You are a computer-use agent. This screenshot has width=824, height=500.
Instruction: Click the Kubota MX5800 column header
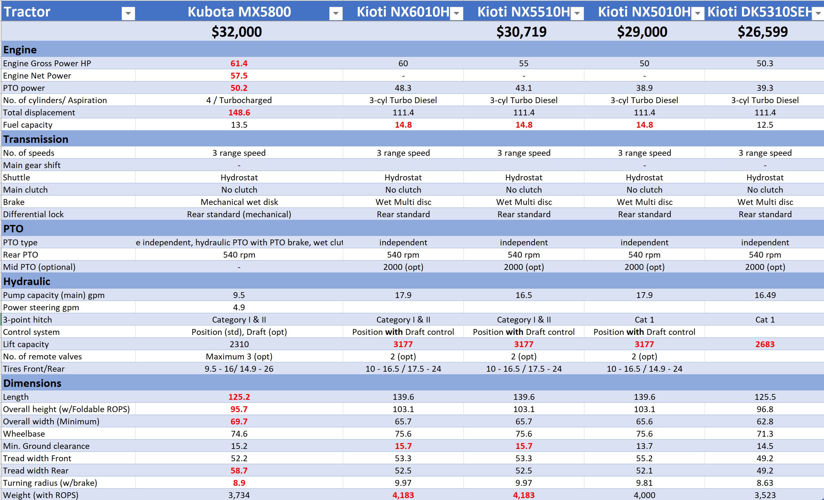coord(239,12)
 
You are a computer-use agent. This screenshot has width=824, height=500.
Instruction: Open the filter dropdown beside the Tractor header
coord(128,14)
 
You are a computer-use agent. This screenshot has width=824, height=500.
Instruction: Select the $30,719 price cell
coord(521,32)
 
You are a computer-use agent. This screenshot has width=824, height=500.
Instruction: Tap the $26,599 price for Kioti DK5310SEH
coord(763,32)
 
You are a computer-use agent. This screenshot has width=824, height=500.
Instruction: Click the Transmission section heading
coord(36,139)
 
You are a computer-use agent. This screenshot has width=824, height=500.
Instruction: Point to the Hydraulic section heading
coord(27,282)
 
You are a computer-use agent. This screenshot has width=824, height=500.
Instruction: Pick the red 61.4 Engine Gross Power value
coord(239,63)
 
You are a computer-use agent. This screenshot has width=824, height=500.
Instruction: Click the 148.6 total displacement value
coord(239,112)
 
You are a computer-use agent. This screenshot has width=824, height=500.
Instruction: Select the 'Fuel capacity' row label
coord(28,125)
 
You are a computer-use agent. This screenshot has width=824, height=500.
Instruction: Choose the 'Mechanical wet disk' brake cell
coord(239,202)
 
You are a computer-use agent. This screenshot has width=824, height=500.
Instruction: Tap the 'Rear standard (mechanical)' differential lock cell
coord(239,214)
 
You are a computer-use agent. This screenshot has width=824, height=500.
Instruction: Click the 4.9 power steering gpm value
coord(239,307)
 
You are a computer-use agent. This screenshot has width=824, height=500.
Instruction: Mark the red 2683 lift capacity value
coord(765,344)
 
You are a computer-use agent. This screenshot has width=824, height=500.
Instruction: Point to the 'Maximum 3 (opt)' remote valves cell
coord(239,356)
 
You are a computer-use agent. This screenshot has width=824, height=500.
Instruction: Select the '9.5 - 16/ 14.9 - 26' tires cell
coord(239,369)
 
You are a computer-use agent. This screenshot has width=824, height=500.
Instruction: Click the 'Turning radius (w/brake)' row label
coord(50,483)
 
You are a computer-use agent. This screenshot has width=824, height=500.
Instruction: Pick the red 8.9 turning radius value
coord(239,483)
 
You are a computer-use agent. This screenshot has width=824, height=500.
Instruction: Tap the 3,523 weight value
coord(765,495)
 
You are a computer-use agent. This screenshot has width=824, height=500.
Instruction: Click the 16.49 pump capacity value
coord(765,295)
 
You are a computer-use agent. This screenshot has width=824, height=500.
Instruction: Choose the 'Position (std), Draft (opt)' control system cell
coord(239,332)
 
